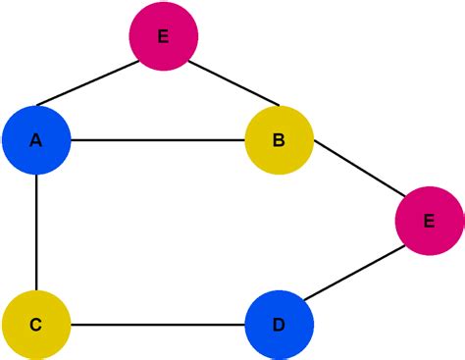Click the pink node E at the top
pyautogui.click(x=164, y=36)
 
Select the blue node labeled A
pyautogui.click(x=36, y=140)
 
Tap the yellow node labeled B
pyautogui.click(x=279, y=140)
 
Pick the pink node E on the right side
pyautogui.click(x=429, y=221)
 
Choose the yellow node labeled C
pyautogui.click(x=36, y=324)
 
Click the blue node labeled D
pyautogui.click(x=279, y=324)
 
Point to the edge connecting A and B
pyautogui.click(x=157, y=140)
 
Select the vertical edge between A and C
pyautogui.click(x=36, y=232)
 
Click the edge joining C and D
pyautogui.click(x=157, y=324)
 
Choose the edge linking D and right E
pyautogui.click(x=354, y=273)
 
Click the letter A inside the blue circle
pyautogui.click(x=36, y=140)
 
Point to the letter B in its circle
pyautogui.click(x=279, y=140)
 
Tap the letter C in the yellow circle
pyautogui.click(x=36, y=324)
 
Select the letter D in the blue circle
pyautogui.click(x=279, y=324)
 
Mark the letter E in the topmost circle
pyautogui.click(x=164, y=36)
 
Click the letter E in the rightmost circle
pyautogui.click(x=429, y=221)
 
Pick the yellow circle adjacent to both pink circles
pyautogui.click(x=279, y=140)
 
